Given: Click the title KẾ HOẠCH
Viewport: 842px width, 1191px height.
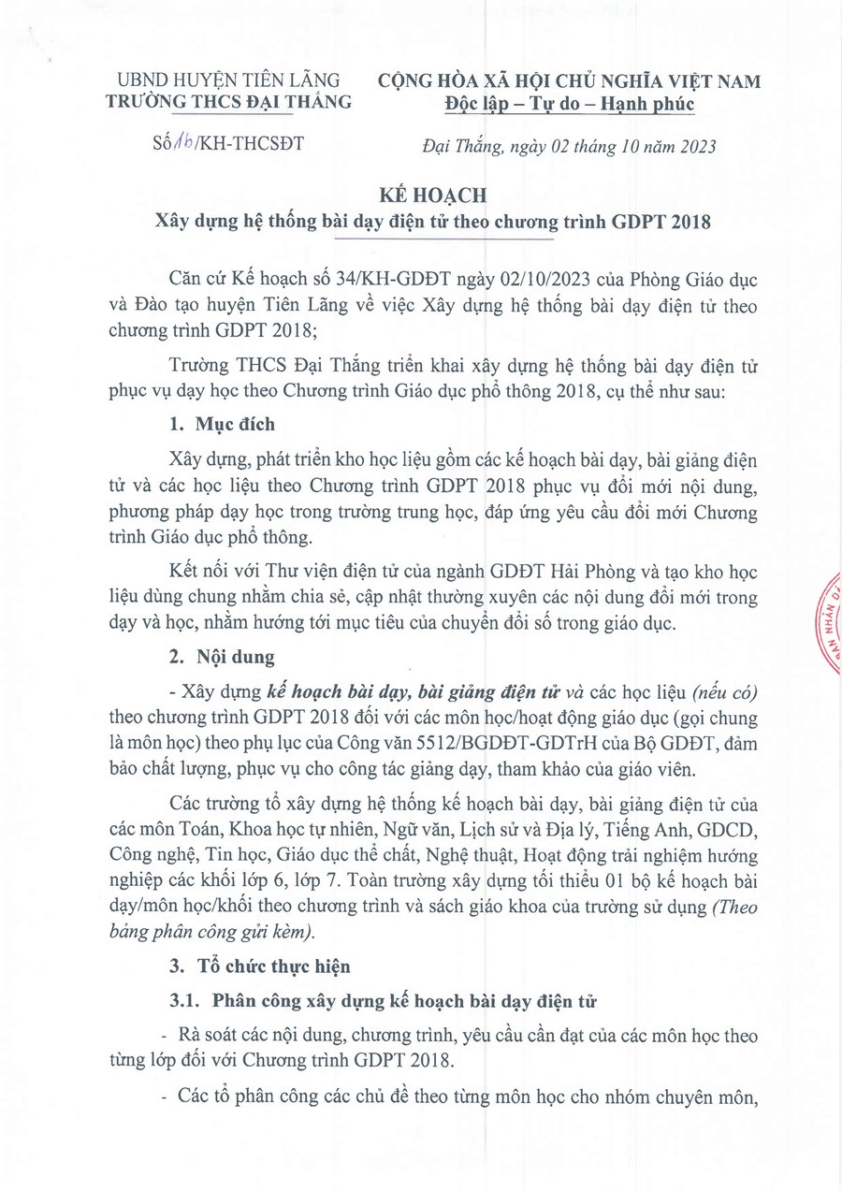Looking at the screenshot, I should coord(421,196).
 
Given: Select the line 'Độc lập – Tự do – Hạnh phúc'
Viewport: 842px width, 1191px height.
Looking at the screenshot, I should coord(569,104).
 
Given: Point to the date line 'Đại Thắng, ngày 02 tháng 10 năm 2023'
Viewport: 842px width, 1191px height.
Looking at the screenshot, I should coord(566,146).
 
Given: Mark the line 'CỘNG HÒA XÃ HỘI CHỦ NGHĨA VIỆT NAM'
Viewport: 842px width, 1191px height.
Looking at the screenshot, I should coord(569,81).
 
